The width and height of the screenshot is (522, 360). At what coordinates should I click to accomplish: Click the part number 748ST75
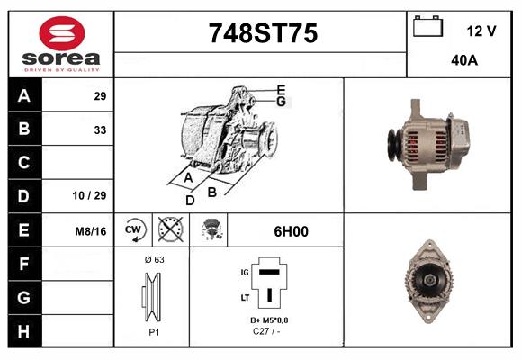(263, 34)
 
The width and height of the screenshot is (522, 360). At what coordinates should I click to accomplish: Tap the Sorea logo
(61, 45)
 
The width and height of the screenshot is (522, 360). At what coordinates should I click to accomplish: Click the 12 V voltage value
(481, 31)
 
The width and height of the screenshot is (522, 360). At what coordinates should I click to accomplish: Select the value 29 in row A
(100, 96)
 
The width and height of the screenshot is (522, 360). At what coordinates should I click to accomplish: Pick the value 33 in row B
(100, 129)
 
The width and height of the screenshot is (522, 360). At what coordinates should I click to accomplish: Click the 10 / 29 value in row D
(93, 194)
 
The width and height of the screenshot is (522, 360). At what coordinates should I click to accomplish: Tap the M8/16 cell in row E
(92, 231)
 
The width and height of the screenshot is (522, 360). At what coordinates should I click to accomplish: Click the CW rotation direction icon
(133, 230)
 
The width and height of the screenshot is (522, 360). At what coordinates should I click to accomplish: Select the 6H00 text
(292, 231)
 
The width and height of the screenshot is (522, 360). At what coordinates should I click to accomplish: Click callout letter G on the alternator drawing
(282, 102)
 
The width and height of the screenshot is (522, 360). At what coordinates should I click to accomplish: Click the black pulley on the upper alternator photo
(393, 144)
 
